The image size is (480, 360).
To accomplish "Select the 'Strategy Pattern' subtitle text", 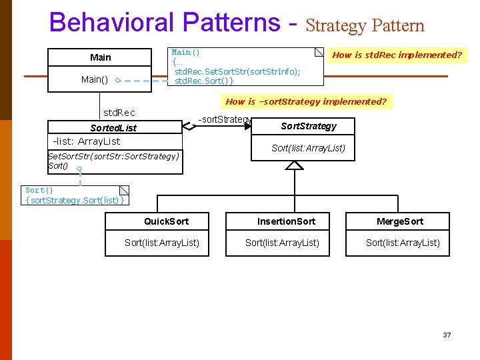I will pos(365,26).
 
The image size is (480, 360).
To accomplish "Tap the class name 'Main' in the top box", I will pos(101,57).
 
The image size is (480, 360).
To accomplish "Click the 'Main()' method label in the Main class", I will pos(95,79).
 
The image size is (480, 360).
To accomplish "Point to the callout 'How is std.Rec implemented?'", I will pos(397,55).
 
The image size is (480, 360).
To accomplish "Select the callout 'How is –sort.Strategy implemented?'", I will pos(306,102).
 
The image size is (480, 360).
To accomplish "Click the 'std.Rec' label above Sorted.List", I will pos(119,113).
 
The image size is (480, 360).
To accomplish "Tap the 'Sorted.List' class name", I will pos(113,127).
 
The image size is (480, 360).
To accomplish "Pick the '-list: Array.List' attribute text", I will pos(87,141).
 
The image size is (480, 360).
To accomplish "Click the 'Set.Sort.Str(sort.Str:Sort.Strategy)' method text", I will pos(114,156).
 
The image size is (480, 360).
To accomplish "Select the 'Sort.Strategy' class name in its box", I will pos(309,126).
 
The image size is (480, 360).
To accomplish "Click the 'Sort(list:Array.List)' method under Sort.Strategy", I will pos(308,148).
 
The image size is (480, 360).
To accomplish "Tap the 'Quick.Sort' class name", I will pos(167,221).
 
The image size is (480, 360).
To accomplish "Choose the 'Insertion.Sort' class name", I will pos(287,221).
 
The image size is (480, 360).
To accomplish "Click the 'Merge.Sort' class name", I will pos(400,221).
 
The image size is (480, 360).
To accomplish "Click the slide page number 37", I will pos(447,335).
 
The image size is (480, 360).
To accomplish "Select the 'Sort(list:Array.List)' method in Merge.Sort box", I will pos(403,243).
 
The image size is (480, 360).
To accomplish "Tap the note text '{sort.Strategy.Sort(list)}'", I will pos(75,200).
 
